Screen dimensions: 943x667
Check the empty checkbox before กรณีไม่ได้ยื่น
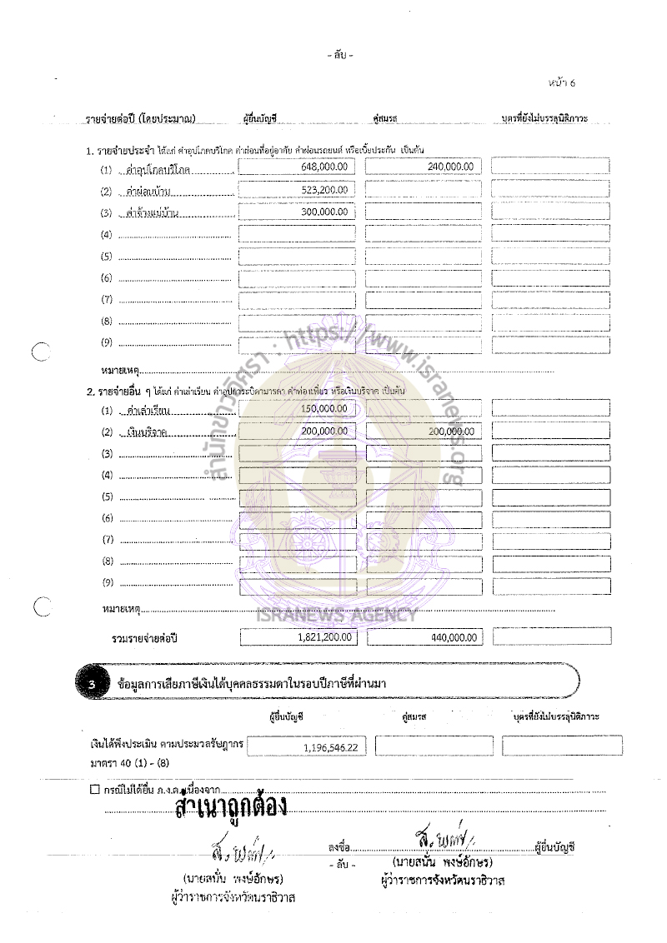(x=94, y=788)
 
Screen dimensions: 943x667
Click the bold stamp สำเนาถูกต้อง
(x=232, y=806)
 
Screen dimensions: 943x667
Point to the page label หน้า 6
(x=562, y=82)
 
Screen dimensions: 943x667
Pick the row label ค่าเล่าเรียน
(x=145, y=410)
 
